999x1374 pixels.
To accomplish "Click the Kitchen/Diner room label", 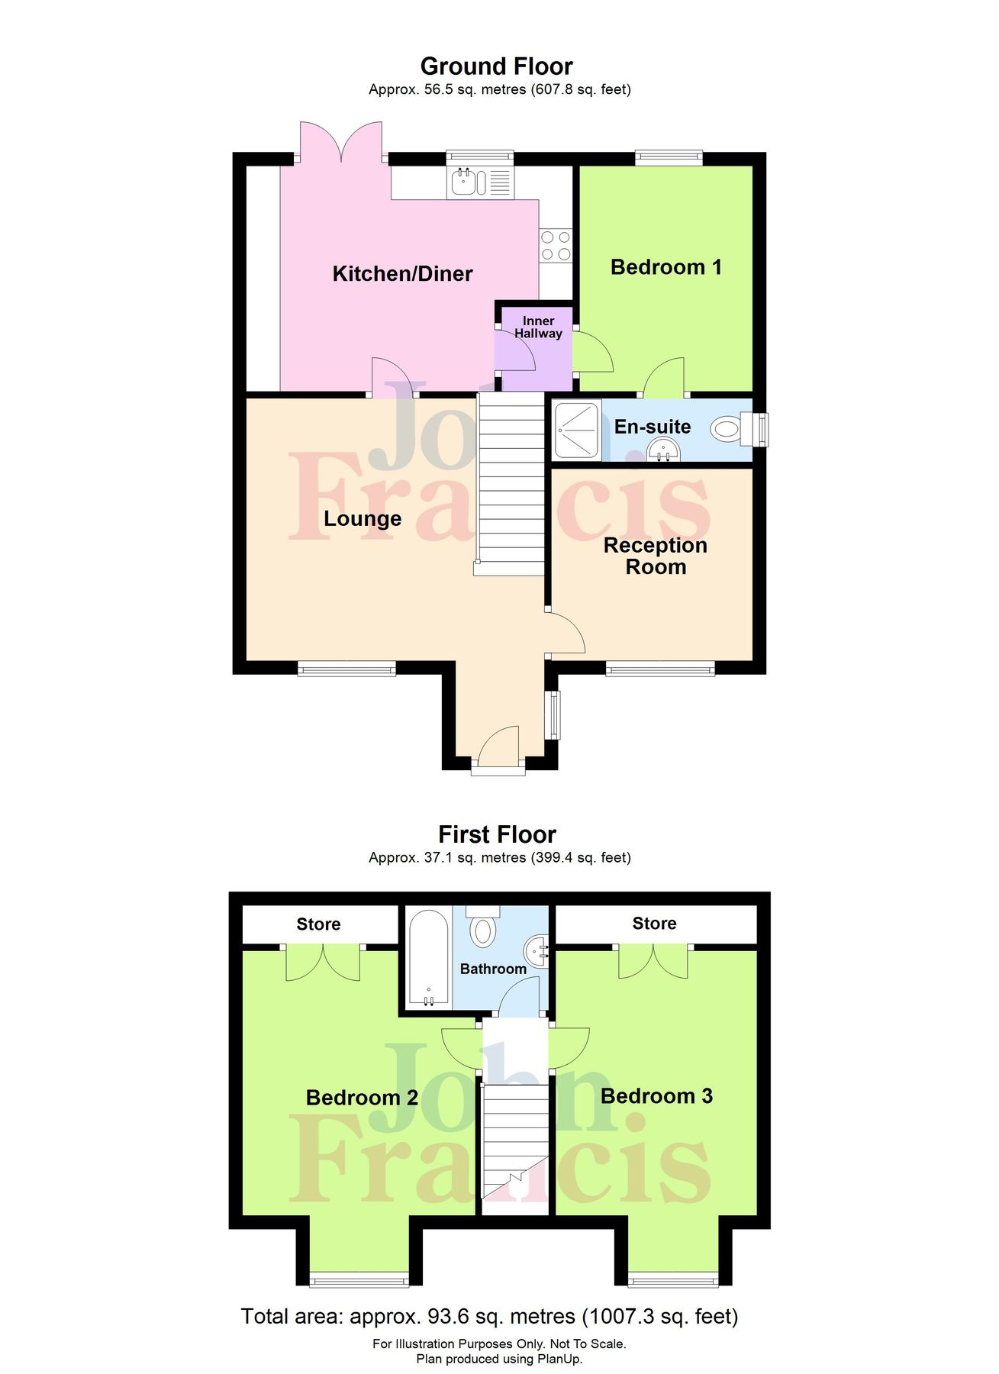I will click(402, 273).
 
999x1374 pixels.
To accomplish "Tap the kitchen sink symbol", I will click(468, 182).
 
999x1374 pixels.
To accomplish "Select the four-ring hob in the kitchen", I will click(556, 246).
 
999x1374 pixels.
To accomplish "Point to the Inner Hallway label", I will click(538, 327).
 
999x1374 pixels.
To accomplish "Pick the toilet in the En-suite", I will click(729, 429).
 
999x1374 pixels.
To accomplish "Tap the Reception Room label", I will click(655, 556).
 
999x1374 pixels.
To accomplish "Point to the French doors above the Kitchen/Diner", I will click(340, 141).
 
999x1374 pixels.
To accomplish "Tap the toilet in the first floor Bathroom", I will click(482, 927).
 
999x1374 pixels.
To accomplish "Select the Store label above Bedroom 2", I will click(318, 924).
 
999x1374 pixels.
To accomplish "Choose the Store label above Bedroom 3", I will click(654, 924).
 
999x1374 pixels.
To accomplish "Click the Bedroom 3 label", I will click(656, 1096).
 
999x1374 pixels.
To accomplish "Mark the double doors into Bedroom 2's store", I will click(323, 963).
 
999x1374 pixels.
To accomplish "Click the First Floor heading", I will click(497, 834).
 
